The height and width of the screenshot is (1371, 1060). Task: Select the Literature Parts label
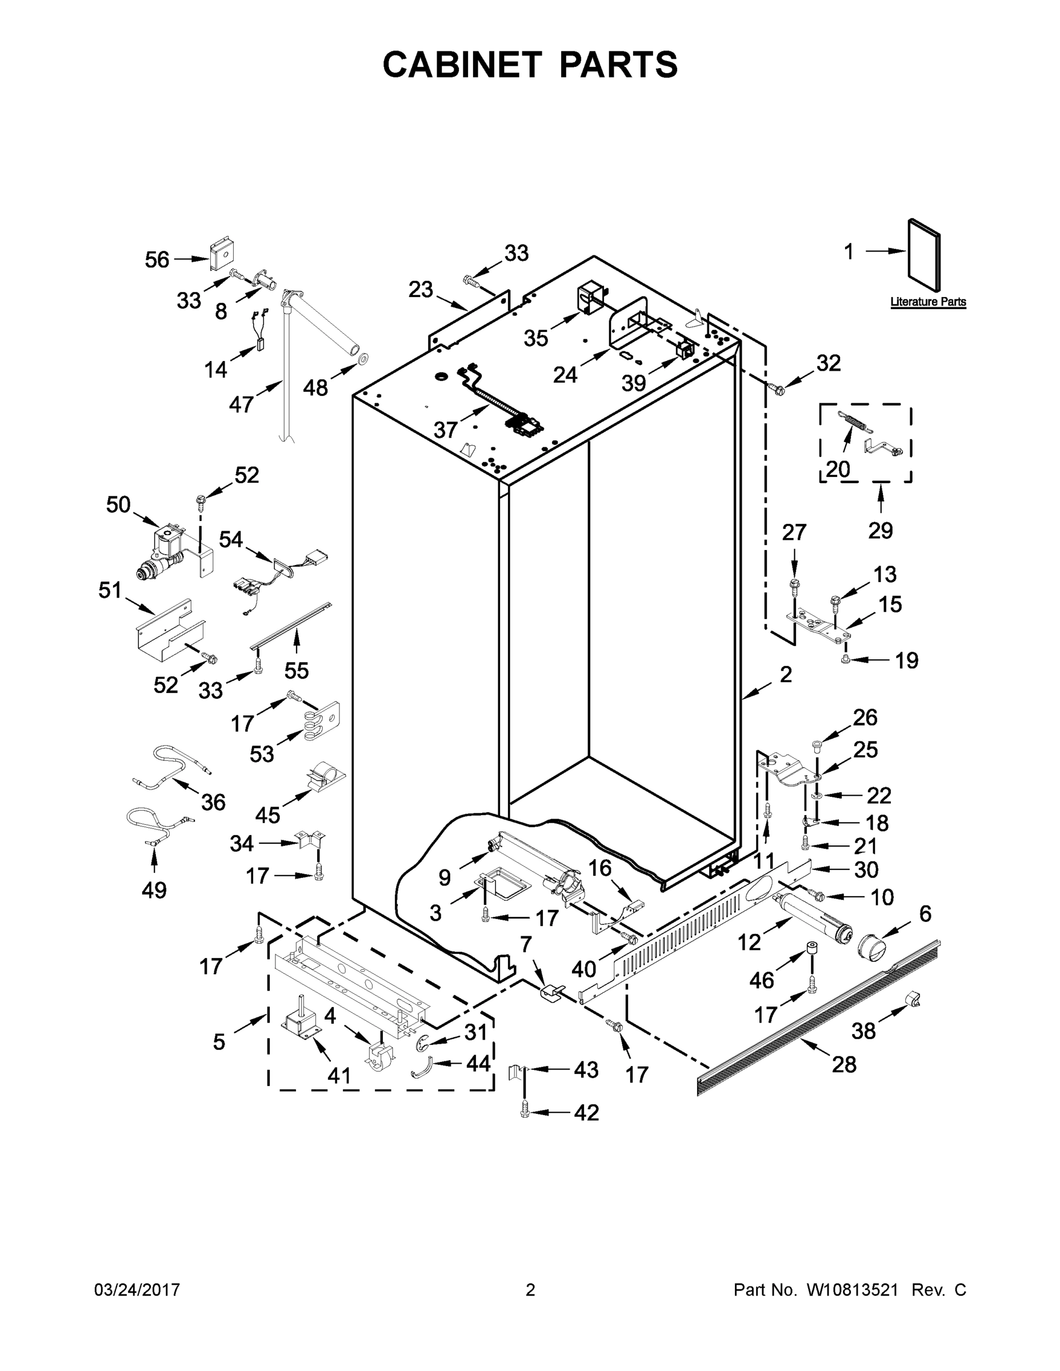pyautogui.click(x=927, y=302)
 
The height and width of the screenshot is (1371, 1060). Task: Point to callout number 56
pyautogui.click(x=157, y=259)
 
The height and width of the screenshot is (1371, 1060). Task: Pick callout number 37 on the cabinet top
pyautogui.click(x=445, y=430)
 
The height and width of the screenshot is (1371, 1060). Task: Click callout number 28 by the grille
pyautogui.click(x=844, y=1064)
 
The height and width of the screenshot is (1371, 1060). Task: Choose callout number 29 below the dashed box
pyautogui.click(x=881, y=531)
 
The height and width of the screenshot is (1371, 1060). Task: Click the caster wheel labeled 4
pyautogui.click(x=377, y=1054)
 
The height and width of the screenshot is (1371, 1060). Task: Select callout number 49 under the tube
pyautogui.click(x=154, y=889)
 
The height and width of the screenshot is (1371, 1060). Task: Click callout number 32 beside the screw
pyautogui.click(x=827, y=363)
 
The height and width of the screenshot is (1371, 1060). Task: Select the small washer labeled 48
pyautogui.click(x=363, y=359)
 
